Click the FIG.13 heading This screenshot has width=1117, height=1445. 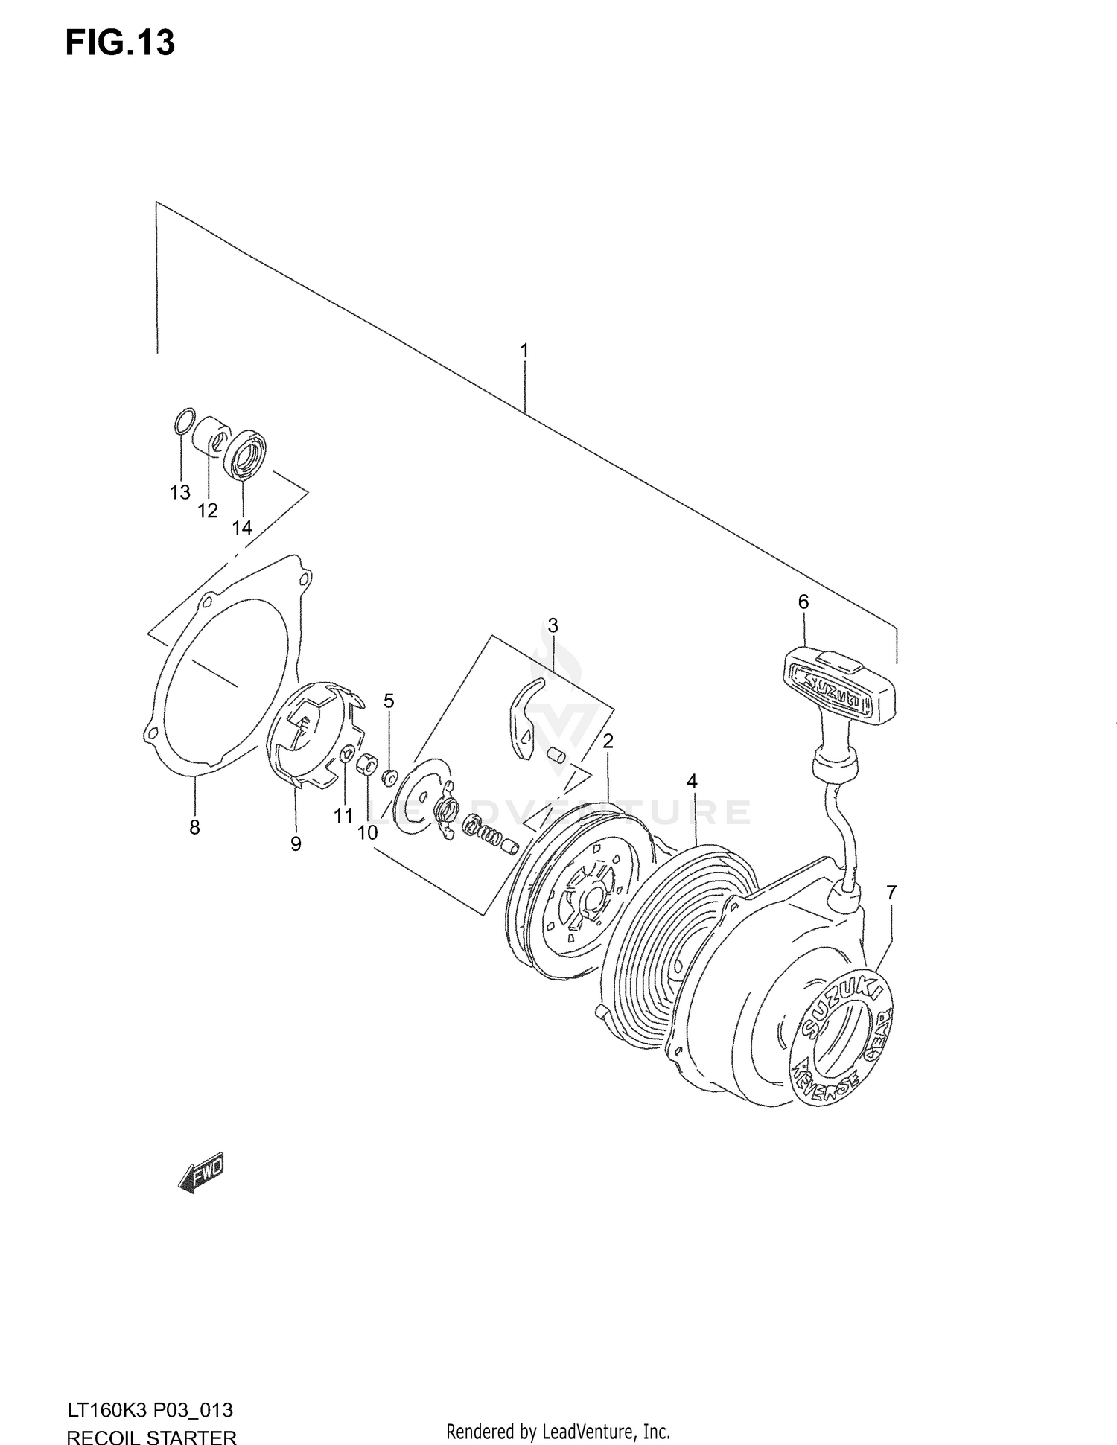pyautogui.click(x=120, y=43)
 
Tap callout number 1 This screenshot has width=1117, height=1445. pyautogui.click(x=524, y=350)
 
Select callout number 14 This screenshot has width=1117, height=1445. pyautogui.click(x=241, y=528)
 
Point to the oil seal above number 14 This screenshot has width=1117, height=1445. pyautogui.click(x=246, y=453)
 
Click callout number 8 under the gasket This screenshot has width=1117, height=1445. pyautogui.click(x=194, y=826)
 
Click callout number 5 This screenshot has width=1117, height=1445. pyautogui.click(x=389, y=701)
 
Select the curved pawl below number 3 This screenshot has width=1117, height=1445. pyautogui.click(x=526, y=718)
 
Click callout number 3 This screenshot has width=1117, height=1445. pyautogui.click(x=553, y=625)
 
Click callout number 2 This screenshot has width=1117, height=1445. pyautogui.click(x=608, y=741)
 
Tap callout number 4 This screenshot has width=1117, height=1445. pyautogui.click(x=693, y=781)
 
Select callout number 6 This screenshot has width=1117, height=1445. pyautogui.click(x=803, y=602)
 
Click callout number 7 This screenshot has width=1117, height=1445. pyautogui.click(x=891, y=891)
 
